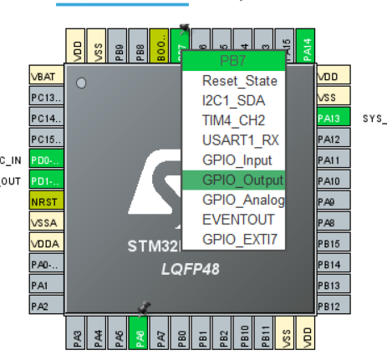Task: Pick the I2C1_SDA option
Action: [x=233, y=101]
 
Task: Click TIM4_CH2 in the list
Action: [x=233, y=120]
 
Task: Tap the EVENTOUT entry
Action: [x=233, y=219]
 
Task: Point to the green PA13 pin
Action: [x=328, y=118]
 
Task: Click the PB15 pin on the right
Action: [x=328, y=243]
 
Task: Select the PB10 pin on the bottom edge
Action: [x=245, y=337]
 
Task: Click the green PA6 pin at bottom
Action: [x=140, y=337]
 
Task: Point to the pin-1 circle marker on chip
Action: [x=81, y=84]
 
